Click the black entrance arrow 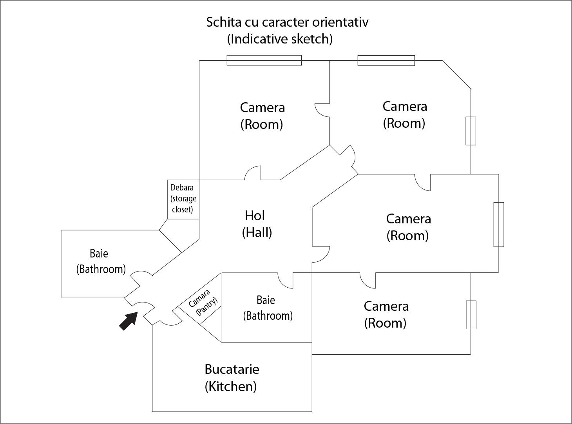(x=129, y=321)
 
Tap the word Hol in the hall (x=255, y=216)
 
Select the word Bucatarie (x=232, y=369)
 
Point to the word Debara (x=182, y=188)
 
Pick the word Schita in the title (x=222, y=22)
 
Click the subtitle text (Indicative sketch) (x=280, y=39)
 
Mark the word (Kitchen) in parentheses (x=231, y=386)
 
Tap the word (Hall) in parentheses (x=257, y=232)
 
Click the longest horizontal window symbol (x=264, y=60)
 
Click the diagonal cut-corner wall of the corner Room (x=456, y=74)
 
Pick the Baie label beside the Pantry (x=266, y=300)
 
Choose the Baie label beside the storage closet (x=99, y=254)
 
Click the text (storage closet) (x=183, y=204)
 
